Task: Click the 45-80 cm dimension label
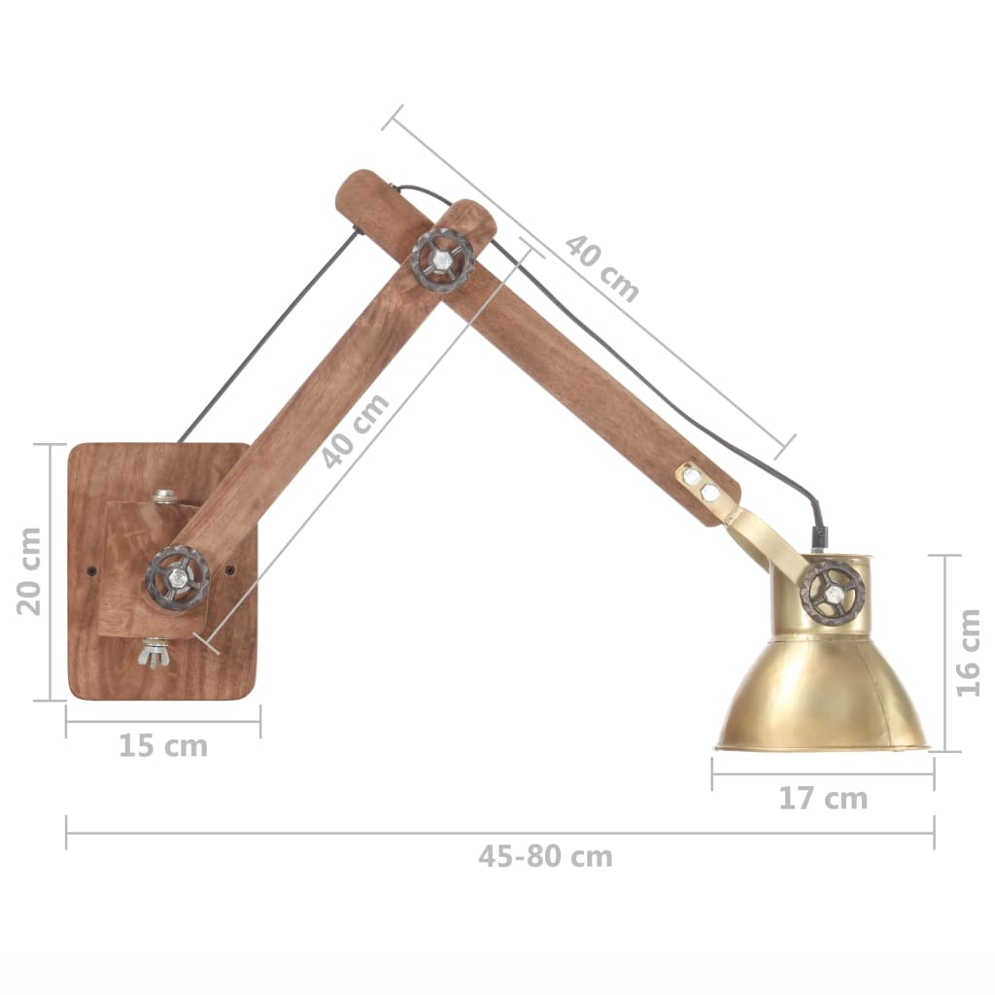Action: (545, 857)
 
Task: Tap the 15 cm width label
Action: (162, 746)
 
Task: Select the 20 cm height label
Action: (29, 571)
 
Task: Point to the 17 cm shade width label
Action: (822, 799)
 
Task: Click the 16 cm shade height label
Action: (968, 652)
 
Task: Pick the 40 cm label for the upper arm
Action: (602, 267)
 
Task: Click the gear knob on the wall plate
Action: (178, 579)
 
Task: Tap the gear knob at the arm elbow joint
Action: (442, 259)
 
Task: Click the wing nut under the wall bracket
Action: (155, 653)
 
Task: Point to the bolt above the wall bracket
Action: (165, 497)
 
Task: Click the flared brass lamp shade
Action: (822, 695)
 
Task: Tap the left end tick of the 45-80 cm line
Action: (67, 832)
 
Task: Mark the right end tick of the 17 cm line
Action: (934, 773)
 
